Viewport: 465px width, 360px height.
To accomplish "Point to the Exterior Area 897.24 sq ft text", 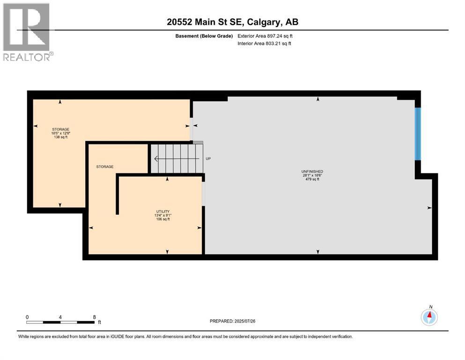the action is pyautogui.click(x=265, y=36).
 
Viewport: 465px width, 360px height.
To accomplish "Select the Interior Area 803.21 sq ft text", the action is pyautogui.click(x=264, y=43).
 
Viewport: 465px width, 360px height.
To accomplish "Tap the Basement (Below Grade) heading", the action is pyautogui.click(x=204, y=36).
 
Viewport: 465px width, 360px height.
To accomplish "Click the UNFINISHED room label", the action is pyautogui.click(x=312, y=172).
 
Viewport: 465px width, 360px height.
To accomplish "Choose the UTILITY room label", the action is pyautogui.click(x=163, y=211).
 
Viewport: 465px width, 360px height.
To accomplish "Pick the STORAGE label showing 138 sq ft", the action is pyautogui.click(x=61, y=129).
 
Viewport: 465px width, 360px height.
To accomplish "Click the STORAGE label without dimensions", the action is pyautogui.click(x=105, y=167).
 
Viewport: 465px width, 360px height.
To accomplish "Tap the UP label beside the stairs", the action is pyautogui.click(x=208, y=159).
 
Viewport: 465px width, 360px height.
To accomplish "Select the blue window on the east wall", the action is pyautogui.click(x=418, y=134).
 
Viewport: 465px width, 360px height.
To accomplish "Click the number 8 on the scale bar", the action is pyautogui.click(x=94, y=317).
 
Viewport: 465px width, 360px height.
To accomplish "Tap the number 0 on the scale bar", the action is pyautogui.click(x=27, y=317).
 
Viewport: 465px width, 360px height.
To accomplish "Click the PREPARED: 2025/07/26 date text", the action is pyautogui.click(x=232, y=321).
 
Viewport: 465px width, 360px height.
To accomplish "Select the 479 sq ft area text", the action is pyautogui.click(x=312, y=179).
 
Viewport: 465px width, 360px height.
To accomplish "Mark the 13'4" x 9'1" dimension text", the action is pyautogui.click(x=163, y=216).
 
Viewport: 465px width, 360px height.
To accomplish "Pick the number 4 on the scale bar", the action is pyautogui.click(x=60, y=317).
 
